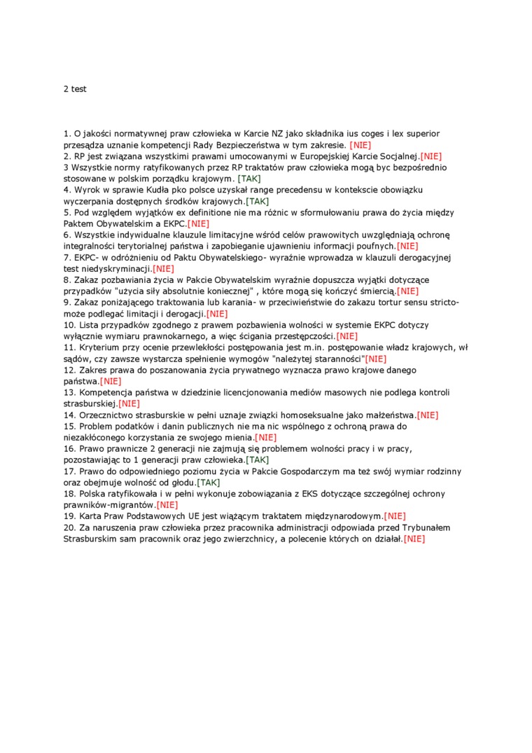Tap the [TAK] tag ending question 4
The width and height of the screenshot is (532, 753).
click(x=257, y=201)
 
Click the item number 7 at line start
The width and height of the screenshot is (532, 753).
click(x=66, y=257)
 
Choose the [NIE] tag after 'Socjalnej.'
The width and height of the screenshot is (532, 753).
click(x=430, y=156)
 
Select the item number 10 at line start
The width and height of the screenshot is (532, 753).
click(x=69, y=325)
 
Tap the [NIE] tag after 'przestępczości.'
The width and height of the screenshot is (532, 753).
click(x=346, y=336)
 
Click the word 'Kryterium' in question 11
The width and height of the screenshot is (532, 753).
click(x=98, y=347)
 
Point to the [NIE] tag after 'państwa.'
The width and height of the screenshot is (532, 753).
click(x=111, y=381)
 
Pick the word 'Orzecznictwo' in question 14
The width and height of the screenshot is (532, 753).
click(x=105, y=415)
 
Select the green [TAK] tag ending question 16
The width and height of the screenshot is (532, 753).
click(x=257, y=460)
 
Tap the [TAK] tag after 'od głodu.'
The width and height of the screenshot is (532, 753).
click(x=208, y=483)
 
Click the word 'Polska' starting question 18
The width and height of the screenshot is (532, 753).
click(x=92, y=494)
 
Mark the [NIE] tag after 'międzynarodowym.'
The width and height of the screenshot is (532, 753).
click(x=395, y=516)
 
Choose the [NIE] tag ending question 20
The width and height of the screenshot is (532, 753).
click(x=414, y=539)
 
